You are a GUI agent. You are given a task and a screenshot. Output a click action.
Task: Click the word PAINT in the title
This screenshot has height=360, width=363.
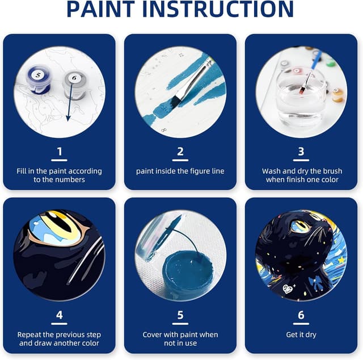point(101,9)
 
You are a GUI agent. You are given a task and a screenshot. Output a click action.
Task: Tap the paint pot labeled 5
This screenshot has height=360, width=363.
point(39,79)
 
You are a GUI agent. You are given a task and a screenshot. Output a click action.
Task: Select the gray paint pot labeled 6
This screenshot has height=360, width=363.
point(74,84)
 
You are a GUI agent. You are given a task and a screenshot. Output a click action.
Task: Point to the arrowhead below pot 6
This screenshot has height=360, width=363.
point(68,118)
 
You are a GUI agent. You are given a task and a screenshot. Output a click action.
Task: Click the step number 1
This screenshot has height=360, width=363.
point(60,152)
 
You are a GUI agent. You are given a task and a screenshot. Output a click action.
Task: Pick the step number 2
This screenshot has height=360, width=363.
point(180,152)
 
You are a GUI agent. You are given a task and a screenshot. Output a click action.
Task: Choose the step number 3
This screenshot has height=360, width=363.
point(301,152)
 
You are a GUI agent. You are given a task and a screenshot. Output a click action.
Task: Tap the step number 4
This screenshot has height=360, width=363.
point(60,315)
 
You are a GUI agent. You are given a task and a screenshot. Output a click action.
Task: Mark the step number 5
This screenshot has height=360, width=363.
point(180,315)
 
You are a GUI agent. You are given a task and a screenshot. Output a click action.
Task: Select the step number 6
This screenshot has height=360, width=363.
point(301,315)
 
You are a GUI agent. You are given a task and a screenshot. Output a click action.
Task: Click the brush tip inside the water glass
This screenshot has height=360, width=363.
point(301,91)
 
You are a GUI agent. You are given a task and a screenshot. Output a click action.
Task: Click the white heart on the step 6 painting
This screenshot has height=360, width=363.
point(288,289)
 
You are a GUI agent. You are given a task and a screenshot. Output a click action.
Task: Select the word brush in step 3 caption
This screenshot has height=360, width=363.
point(332,171)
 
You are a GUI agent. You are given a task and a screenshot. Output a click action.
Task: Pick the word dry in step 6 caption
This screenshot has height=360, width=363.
point(311,335)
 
